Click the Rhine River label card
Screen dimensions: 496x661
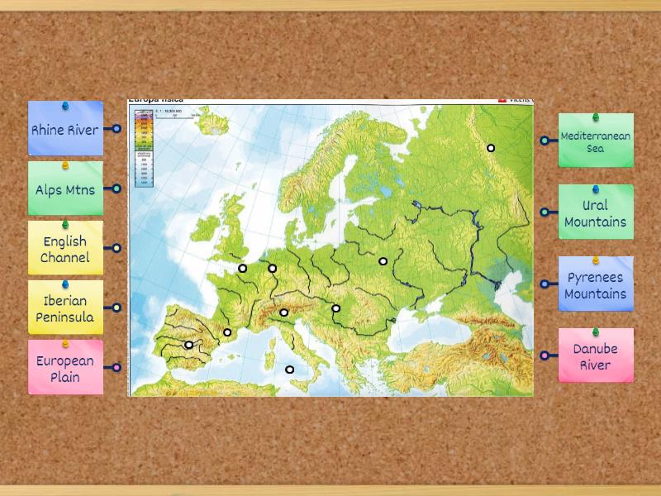click(x=65, y=130)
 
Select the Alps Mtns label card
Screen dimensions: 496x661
click(x=65, y=189)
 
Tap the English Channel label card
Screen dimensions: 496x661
click(x=65, y=249)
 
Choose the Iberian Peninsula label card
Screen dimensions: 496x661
click(x=65, y=309)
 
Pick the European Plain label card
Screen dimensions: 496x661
click(x=65, y=369)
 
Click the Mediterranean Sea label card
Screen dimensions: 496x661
click(x=596, y=142)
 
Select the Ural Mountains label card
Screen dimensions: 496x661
click(x=596, y=213)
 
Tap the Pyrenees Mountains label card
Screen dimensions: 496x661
click(x=596, y=285)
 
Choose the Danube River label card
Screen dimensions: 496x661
click(x=596, y=356)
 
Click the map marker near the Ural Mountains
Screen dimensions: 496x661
click(x=491, y=148)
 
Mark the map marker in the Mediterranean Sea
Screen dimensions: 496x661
click(x=290, y=370)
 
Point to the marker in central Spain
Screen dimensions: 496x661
click(x=189, y=345)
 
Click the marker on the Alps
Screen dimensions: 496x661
click(x=284, y=312)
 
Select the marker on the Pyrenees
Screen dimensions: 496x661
click(x=228, y=332)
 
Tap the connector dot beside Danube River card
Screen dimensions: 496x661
click(x=544, y=355)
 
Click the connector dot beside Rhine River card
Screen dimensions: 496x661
click(x=117, y=129)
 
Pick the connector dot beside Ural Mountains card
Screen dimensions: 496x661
click(x=544, y=212)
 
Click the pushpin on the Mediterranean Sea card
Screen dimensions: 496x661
click(x=596, y=118)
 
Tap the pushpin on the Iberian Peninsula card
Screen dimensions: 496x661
click(x=65, y=284)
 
